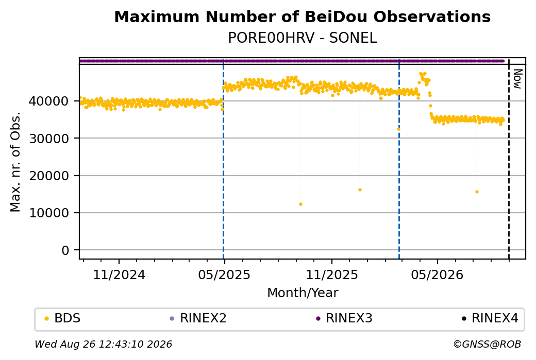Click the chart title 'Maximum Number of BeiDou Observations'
click(x=302, y=16)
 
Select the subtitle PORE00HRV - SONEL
click(x=302, y=38)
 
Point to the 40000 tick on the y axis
click(x=48, y=101)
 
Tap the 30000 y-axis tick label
click(x=48, y=139)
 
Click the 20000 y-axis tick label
click(x=48, y=176)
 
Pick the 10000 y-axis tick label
click(x=48, y=213)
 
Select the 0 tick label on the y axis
click(x=65, y=250)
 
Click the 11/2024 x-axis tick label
click(x=119, y=275)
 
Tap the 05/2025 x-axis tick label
click(x=224, y=275)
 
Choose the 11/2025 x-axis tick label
click(x=331, y=275)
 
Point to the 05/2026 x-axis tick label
click(x=437, y=275)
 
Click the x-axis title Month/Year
click(x=303, y=293)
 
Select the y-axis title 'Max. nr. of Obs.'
click(x=15, y=162)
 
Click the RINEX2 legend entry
click(x=198, y=318)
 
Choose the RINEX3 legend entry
click(x=344, y=318)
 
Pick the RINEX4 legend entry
click(x=490, y=318)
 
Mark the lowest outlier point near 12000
click(x=300, y=204)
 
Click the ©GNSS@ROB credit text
click(x=487, y=344)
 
